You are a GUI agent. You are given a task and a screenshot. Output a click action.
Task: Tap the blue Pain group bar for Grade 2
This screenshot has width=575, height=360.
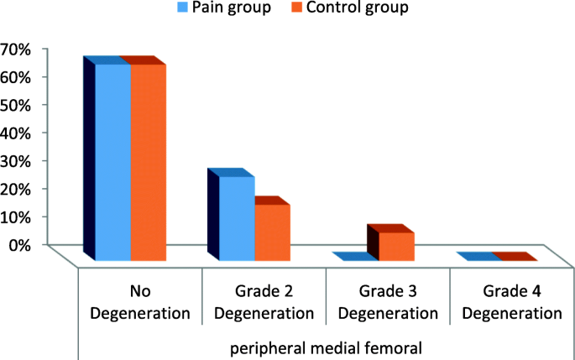point(237,218)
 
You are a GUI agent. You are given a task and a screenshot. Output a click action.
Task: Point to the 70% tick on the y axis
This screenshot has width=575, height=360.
point(16,49)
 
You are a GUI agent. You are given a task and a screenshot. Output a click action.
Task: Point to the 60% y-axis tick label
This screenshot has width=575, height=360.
point(16,76)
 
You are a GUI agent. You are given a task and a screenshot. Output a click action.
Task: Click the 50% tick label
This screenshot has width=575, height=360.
point(16,105)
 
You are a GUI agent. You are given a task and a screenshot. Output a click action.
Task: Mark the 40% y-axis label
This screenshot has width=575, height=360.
point(16,133)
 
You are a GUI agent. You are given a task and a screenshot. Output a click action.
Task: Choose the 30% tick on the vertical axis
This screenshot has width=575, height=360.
point(16,160)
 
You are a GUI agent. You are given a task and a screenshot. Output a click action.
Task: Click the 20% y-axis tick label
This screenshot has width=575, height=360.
point(16,188)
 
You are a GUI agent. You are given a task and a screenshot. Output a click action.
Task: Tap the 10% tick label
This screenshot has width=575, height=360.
point(16,217)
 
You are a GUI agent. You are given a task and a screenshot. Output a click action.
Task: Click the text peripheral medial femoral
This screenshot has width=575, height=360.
point(325,345)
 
